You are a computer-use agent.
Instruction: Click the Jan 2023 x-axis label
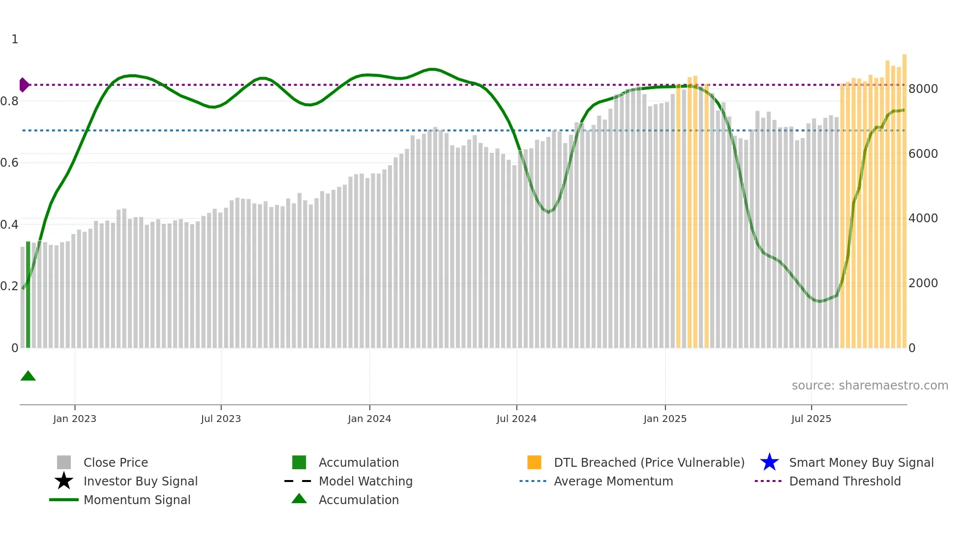(x=75, y=419)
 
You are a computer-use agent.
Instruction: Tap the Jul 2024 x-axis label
(x=516, y=419)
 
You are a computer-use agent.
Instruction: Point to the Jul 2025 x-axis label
(x=811, y=419)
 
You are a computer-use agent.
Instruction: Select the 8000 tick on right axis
(x=923, y=89)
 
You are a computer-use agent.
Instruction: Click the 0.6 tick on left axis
(x=9, y=163)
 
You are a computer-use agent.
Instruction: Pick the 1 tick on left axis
(x=15, y=39)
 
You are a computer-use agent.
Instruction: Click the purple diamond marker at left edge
(x=24, y=85)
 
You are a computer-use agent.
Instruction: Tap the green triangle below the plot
(x=28, y=376)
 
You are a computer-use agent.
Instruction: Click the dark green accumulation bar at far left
(x=28, y=295)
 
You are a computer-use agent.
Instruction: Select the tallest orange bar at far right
(x=904, y=197)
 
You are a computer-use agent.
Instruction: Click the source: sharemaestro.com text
(x=870, y=386)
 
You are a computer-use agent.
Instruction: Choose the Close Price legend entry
(x=116, y=463)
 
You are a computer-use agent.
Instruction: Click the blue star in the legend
(x=769, y=463)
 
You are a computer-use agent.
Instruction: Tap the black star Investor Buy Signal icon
(x=64, y=481)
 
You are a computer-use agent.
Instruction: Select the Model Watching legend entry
(x=365, y=482)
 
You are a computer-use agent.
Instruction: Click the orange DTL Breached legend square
(x=534, y=463)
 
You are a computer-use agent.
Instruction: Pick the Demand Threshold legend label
(x=844, y=482)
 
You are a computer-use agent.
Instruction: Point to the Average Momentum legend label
(x=613, y=482)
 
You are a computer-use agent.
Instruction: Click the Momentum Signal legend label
(x=137, y=500)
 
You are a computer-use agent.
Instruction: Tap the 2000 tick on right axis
(x=923, y=283)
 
